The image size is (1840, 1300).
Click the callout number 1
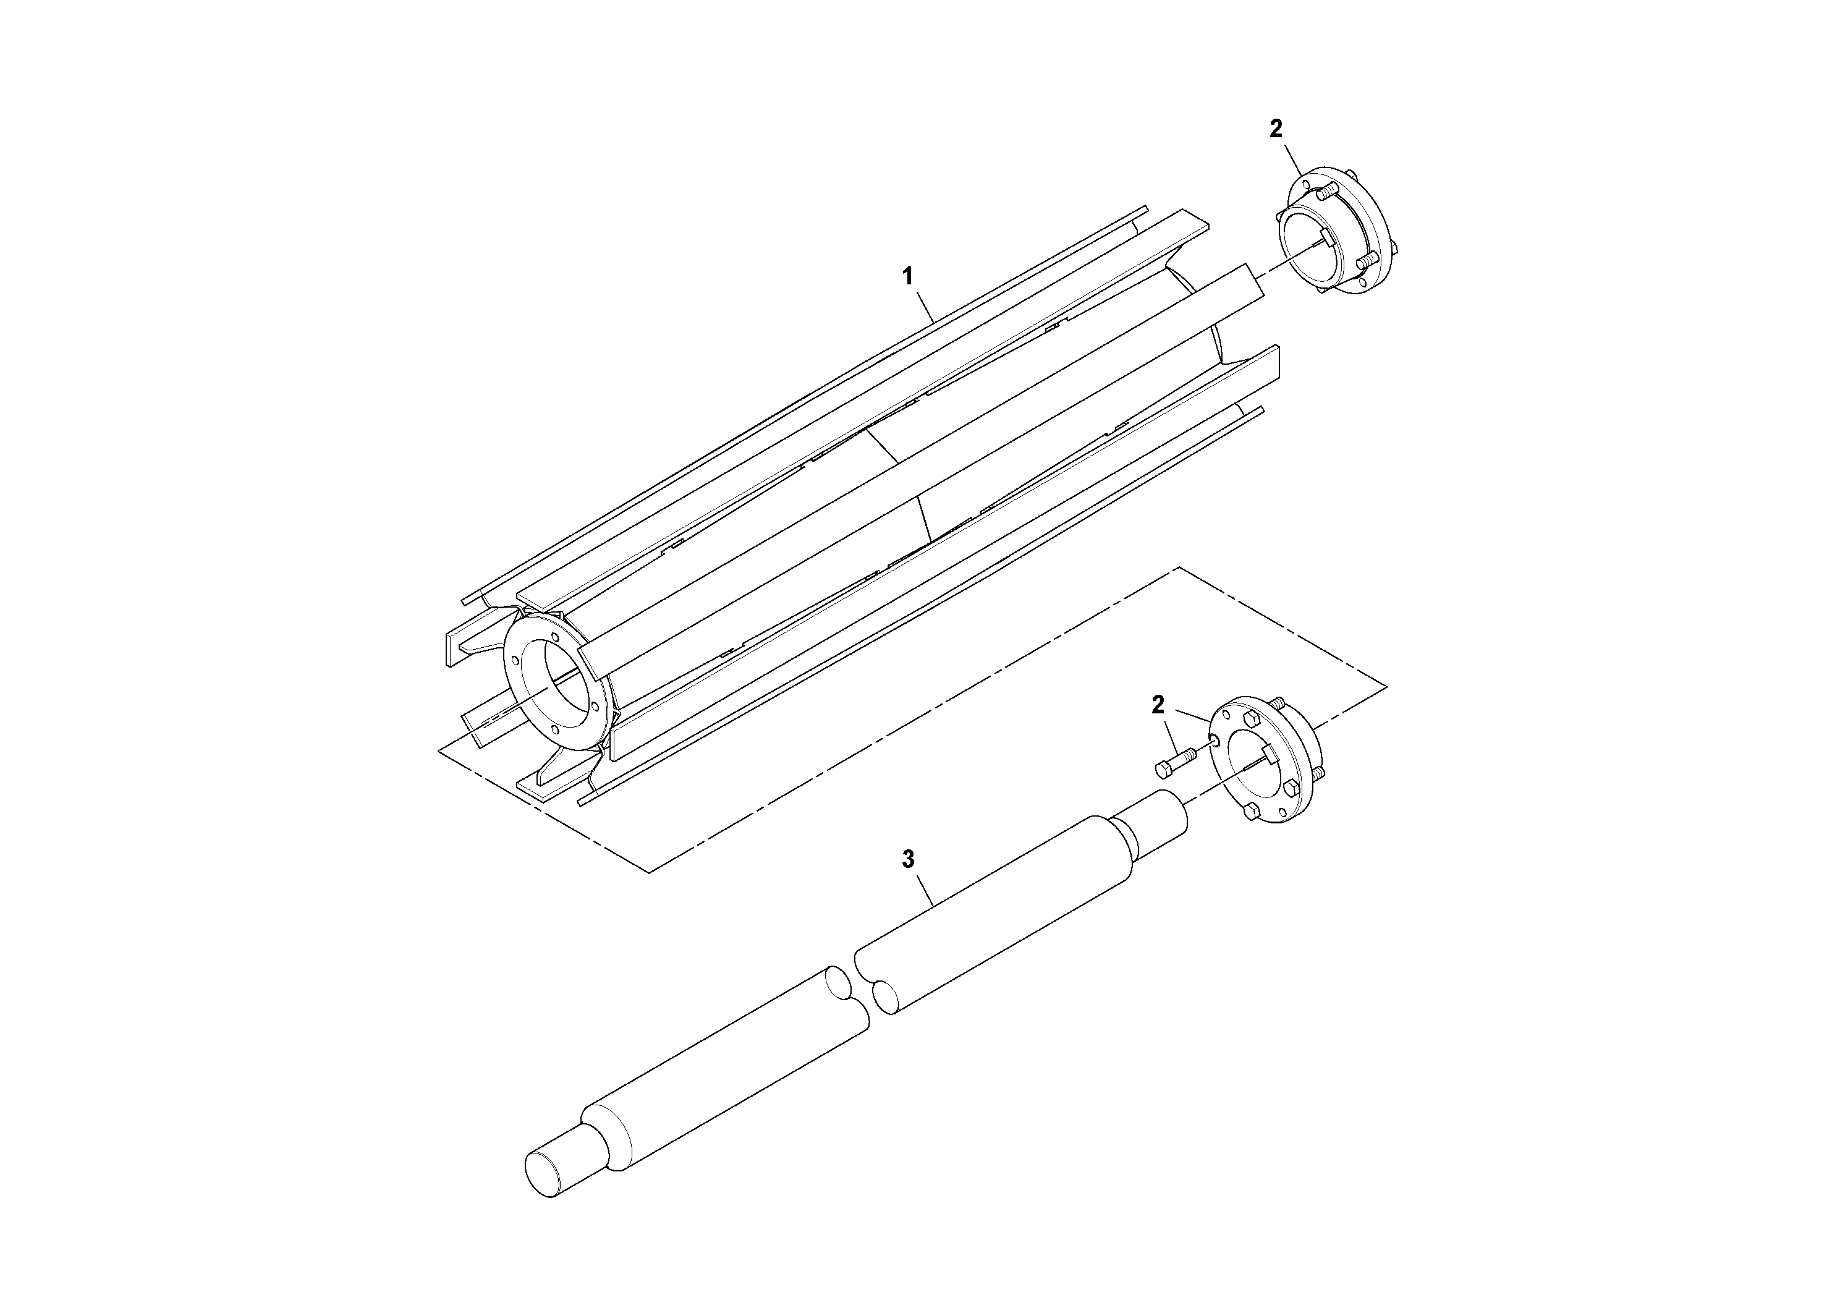(907, 278)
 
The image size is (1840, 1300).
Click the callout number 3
(907, 859)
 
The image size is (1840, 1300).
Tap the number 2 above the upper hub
(1276, 128)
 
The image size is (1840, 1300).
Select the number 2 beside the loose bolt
(1157, 705)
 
